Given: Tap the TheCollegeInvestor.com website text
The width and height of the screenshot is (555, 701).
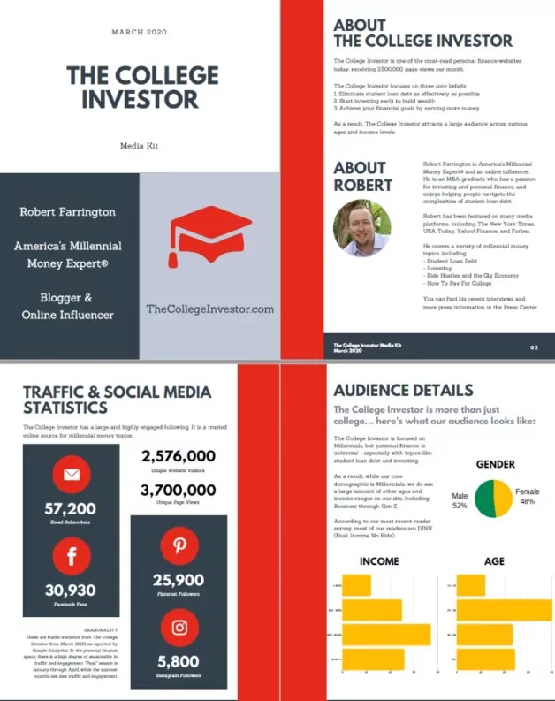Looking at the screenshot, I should (x=210, y=309).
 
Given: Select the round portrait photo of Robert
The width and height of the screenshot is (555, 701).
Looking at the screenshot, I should (x=361, y=227).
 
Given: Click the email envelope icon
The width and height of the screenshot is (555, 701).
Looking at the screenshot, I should (x=72, y=476).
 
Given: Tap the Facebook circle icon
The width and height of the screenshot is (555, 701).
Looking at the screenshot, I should (x=72, y=557).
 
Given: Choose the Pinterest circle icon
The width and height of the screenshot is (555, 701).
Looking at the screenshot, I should (x=179, y=545).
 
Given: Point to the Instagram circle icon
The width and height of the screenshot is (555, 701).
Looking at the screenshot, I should (x=179, y=628).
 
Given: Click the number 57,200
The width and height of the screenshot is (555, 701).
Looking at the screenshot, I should (x=71, y=509).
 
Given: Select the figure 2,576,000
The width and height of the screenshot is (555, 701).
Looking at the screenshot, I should (x=179, y=457).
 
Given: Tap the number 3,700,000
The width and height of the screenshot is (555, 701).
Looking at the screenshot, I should (x=179, y=491).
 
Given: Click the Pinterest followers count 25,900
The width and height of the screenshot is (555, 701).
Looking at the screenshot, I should (x=179, y=581).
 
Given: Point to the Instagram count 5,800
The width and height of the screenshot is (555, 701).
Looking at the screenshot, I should (x=179, y=662).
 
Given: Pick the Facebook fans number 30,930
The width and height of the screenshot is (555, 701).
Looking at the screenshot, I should (x=71, y=591).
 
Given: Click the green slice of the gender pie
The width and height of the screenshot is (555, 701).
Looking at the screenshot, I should (x=483, y=500).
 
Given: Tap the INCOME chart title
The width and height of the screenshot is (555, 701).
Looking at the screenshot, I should (x=378, y=560).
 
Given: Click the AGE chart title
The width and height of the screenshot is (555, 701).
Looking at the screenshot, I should (x=494, y=560).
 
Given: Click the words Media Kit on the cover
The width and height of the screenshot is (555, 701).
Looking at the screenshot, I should (x=139, y=145).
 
